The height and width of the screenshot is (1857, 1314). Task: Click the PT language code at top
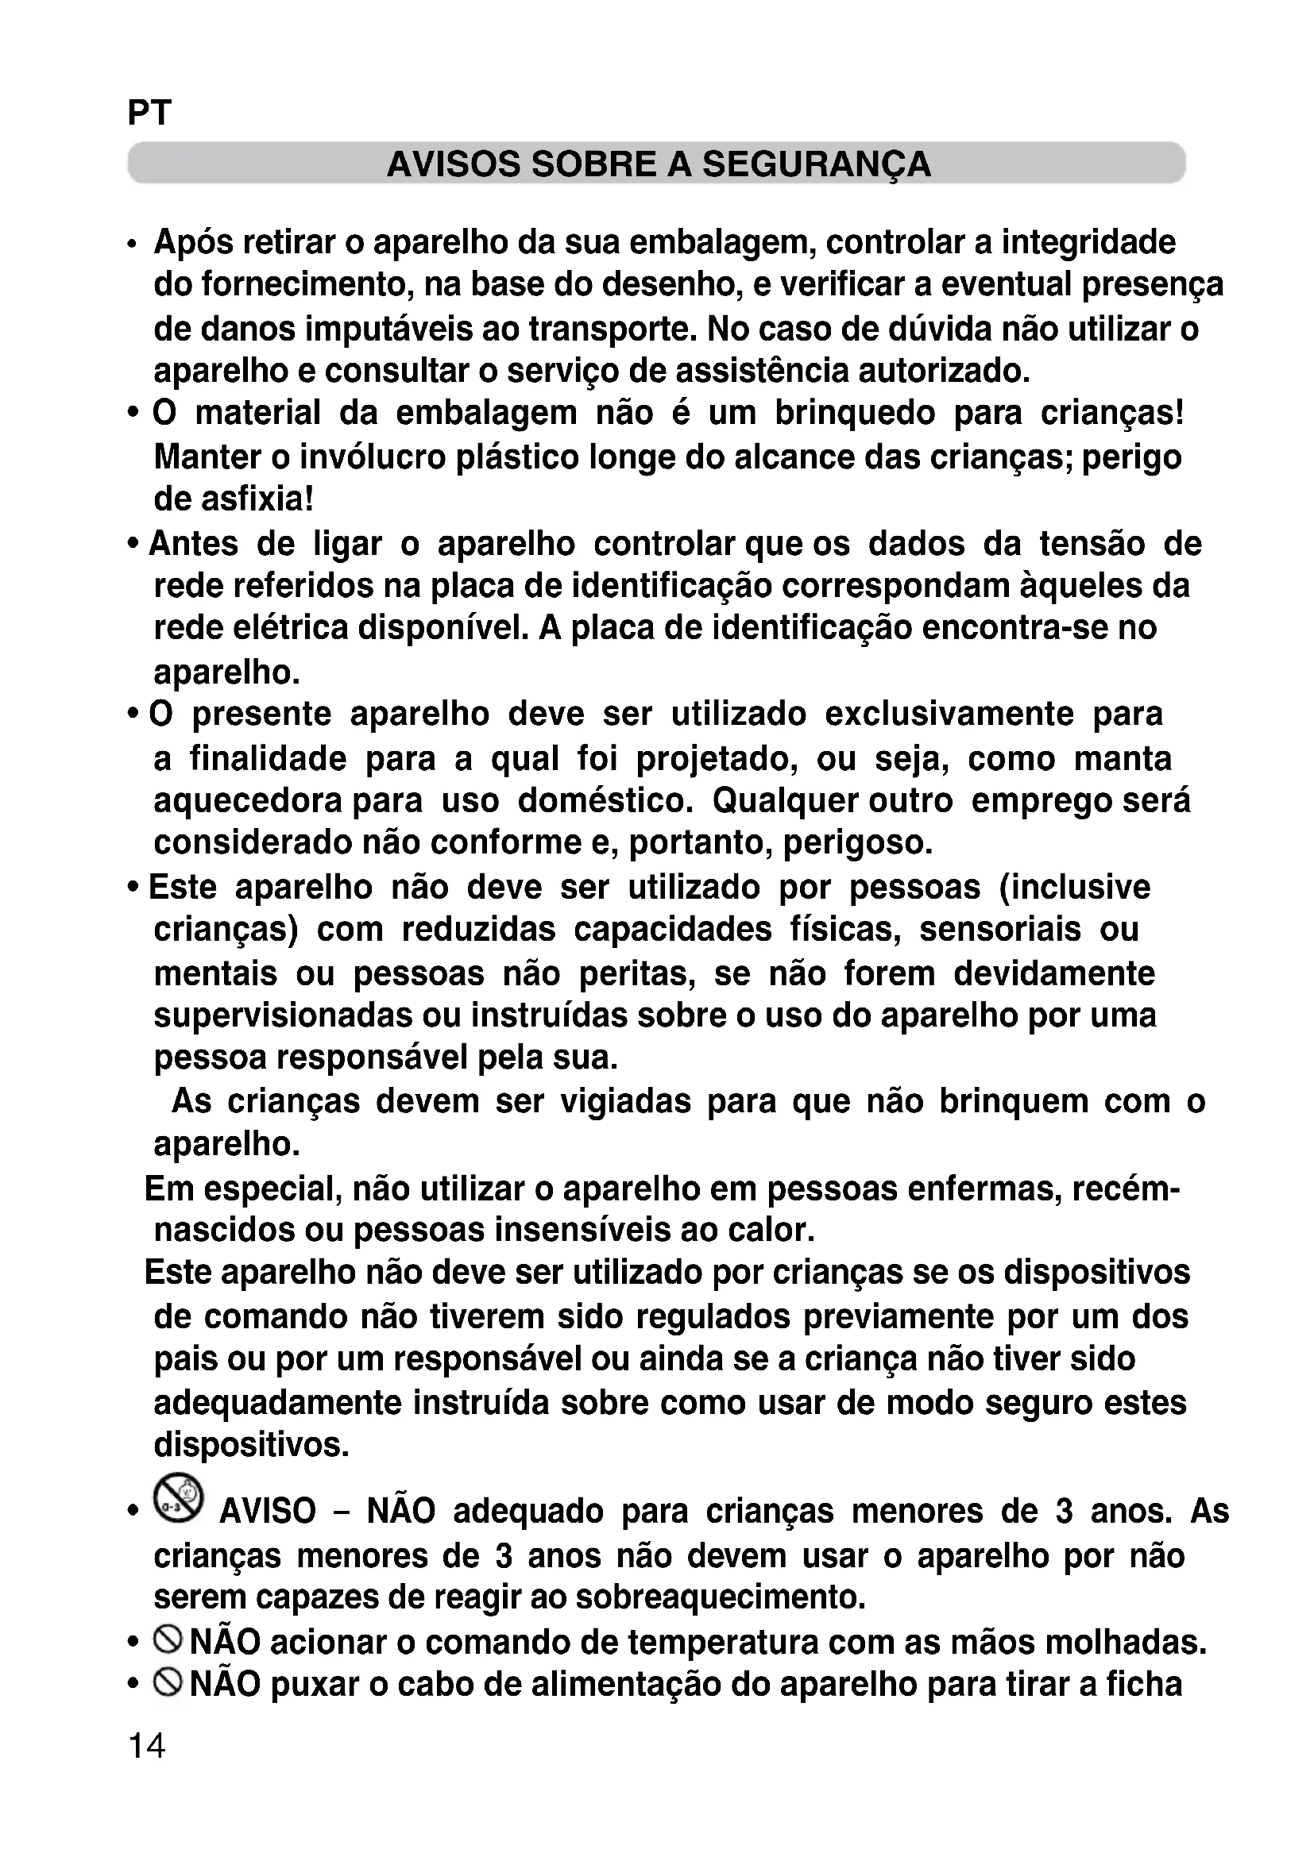tap(149, 114)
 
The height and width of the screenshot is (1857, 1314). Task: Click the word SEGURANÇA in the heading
tap(817, 164)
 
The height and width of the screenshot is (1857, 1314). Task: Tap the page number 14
tap(146, 1745)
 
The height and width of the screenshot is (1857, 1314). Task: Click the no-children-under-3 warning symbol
tap(179, 1498)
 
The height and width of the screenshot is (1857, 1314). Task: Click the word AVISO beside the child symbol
tap(268, 1511)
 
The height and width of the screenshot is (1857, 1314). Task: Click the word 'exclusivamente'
tap(950, 715)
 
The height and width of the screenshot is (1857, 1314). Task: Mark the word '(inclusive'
tap(1076, 888)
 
